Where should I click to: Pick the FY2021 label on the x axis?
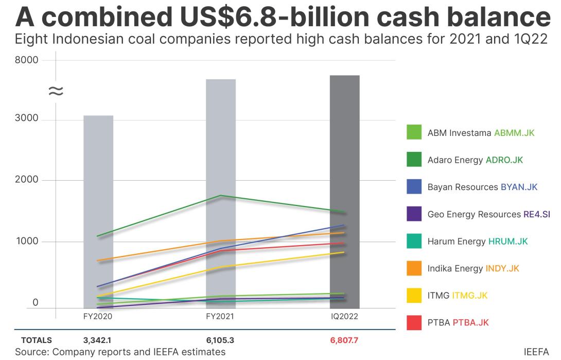pos(220,316)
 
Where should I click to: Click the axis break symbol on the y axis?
pos(56,91)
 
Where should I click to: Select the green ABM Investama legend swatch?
pos(414,132)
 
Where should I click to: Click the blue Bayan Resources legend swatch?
pos(414,187)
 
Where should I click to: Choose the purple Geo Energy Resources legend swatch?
pos(414,214)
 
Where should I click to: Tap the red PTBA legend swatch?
pos(414,323)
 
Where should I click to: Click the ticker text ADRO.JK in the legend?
pos(504,160)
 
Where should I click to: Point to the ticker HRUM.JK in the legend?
pos(507,242)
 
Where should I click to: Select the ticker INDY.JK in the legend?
pos(502,268)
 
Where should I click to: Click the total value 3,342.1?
pos(97,340)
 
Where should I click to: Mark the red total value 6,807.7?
pos(344,340)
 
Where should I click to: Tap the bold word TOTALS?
pos(37,340)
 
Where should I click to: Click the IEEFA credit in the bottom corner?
pos(536,352)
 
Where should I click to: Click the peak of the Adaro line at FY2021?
pos(221,196)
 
